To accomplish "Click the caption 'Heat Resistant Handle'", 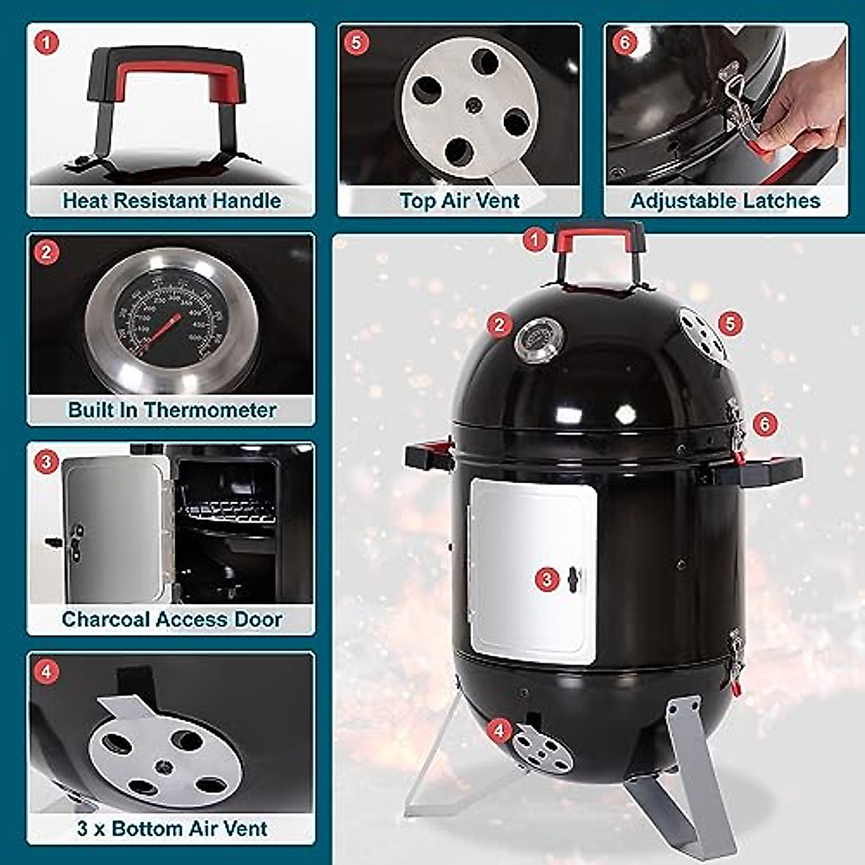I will [172, 200].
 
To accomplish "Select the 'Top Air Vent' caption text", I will [459, 200].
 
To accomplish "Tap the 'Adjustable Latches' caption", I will [725, 200].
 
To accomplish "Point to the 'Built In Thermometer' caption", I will [172, 410].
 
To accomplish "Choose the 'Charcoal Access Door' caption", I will [172, 619].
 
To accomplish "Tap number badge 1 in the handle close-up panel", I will [47, 43].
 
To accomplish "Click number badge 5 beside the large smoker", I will [730, 323].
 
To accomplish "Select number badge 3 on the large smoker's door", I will [547, 579].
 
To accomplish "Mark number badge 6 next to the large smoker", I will [765, 423].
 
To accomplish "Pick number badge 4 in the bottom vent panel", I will [47, 672].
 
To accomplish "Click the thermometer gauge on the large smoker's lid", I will [538, 340].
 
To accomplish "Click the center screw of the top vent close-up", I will [472, 106].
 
